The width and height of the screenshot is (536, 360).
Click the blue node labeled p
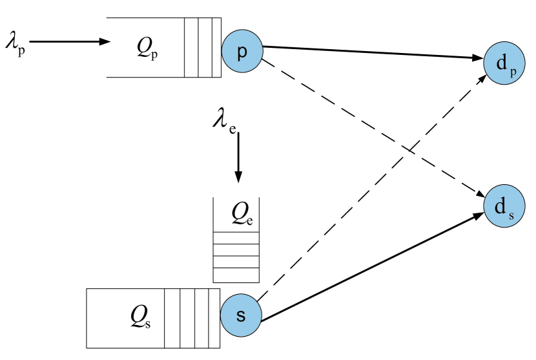(242, 52)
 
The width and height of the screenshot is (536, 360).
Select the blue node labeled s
(240, 316)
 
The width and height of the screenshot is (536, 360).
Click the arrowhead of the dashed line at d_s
(482, 195)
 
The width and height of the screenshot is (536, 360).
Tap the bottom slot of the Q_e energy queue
(236, 276)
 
